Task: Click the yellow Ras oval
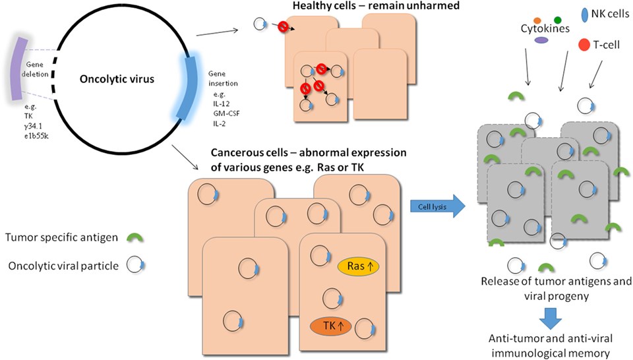point(360,266)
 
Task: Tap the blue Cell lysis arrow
point(436,206)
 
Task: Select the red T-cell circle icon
point(584,45)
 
